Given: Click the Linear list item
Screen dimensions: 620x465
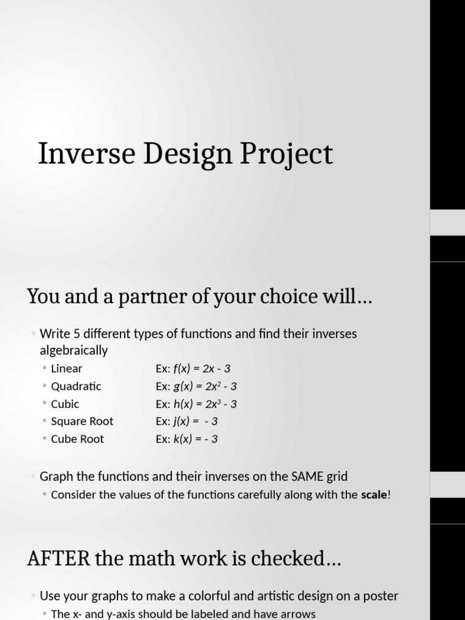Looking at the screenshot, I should tap(67, 369).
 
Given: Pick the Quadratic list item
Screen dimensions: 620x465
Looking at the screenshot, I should tap(76, 386).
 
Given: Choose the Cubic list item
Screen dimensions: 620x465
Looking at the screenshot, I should tap(65, 404).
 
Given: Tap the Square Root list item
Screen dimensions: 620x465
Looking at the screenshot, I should tap(82, 421).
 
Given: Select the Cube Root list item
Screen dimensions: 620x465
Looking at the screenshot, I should tap(77, 439).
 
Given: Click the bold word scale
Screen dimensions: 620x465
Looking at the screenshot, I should tap(374, 495).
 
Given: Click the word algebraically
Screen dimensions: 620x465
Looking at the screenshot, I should tap(73, 351).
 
